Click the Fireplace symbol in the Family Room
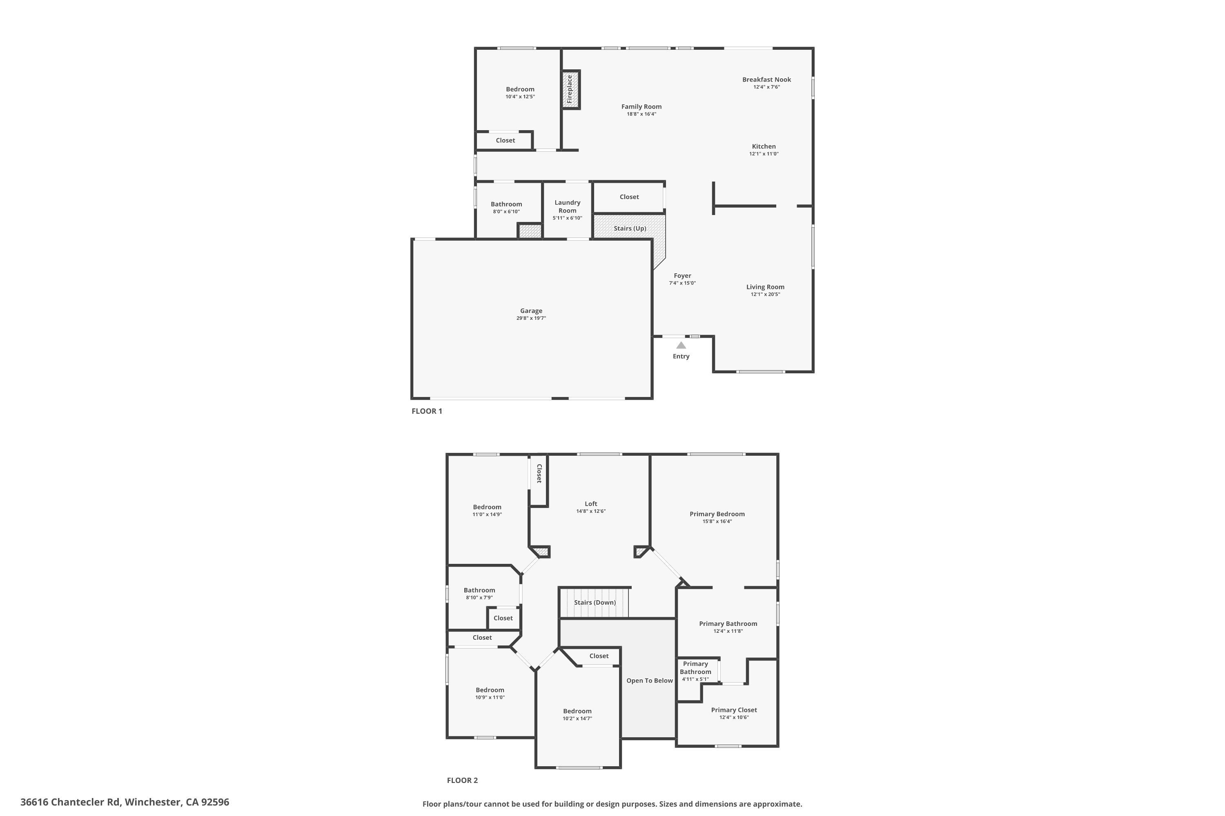point(571,89)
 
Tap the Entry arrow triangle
point(681,345)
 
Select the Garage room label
point(531,310)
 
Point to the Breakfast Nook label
point(767,80)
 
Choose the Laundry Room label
point(568,206)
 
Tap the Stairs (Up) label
point(630,228)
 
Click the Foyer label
point(682,276)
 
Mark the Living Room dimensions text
point(765,295)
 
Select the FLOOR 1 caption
point(427,411)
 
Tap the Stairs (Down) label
point(595,603)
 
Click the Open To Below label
point(650,681)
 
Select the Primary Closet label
point(734,710)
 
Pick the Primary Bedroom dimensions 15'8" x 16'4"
point(717,521)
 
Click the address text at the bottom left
point(125,802)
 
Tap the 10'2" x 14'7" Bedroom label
point(577,712)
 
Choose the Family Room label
point(641,106)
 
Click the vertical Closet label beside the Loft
point(539,474)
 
